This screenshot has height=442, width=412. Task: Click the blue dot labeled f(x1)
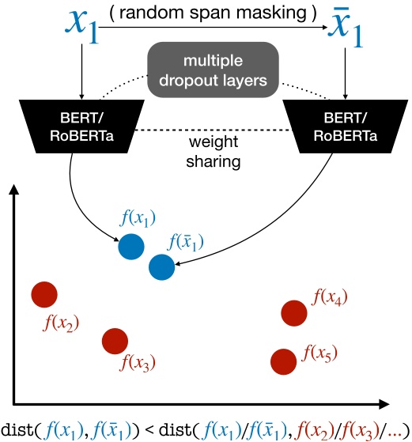(132, 246)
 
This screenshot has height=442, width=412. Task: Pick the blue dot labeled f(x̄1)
(162, 267)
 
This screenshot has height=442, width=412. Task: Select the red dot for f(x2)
(44, 295)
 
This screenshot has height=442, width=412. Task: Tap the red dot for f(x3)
(115, 341)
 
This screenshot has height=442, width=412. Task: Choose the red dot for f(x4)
(293, 312)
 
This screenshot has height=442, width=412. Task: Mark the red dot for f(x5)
(283, 361)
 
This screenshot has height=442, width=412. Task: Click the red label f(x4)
(331, 297)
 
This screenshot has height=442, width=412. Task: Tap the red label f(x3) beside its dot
(137, 363)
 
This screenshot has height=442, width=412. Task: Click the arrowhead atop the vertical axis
(15, 190)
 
